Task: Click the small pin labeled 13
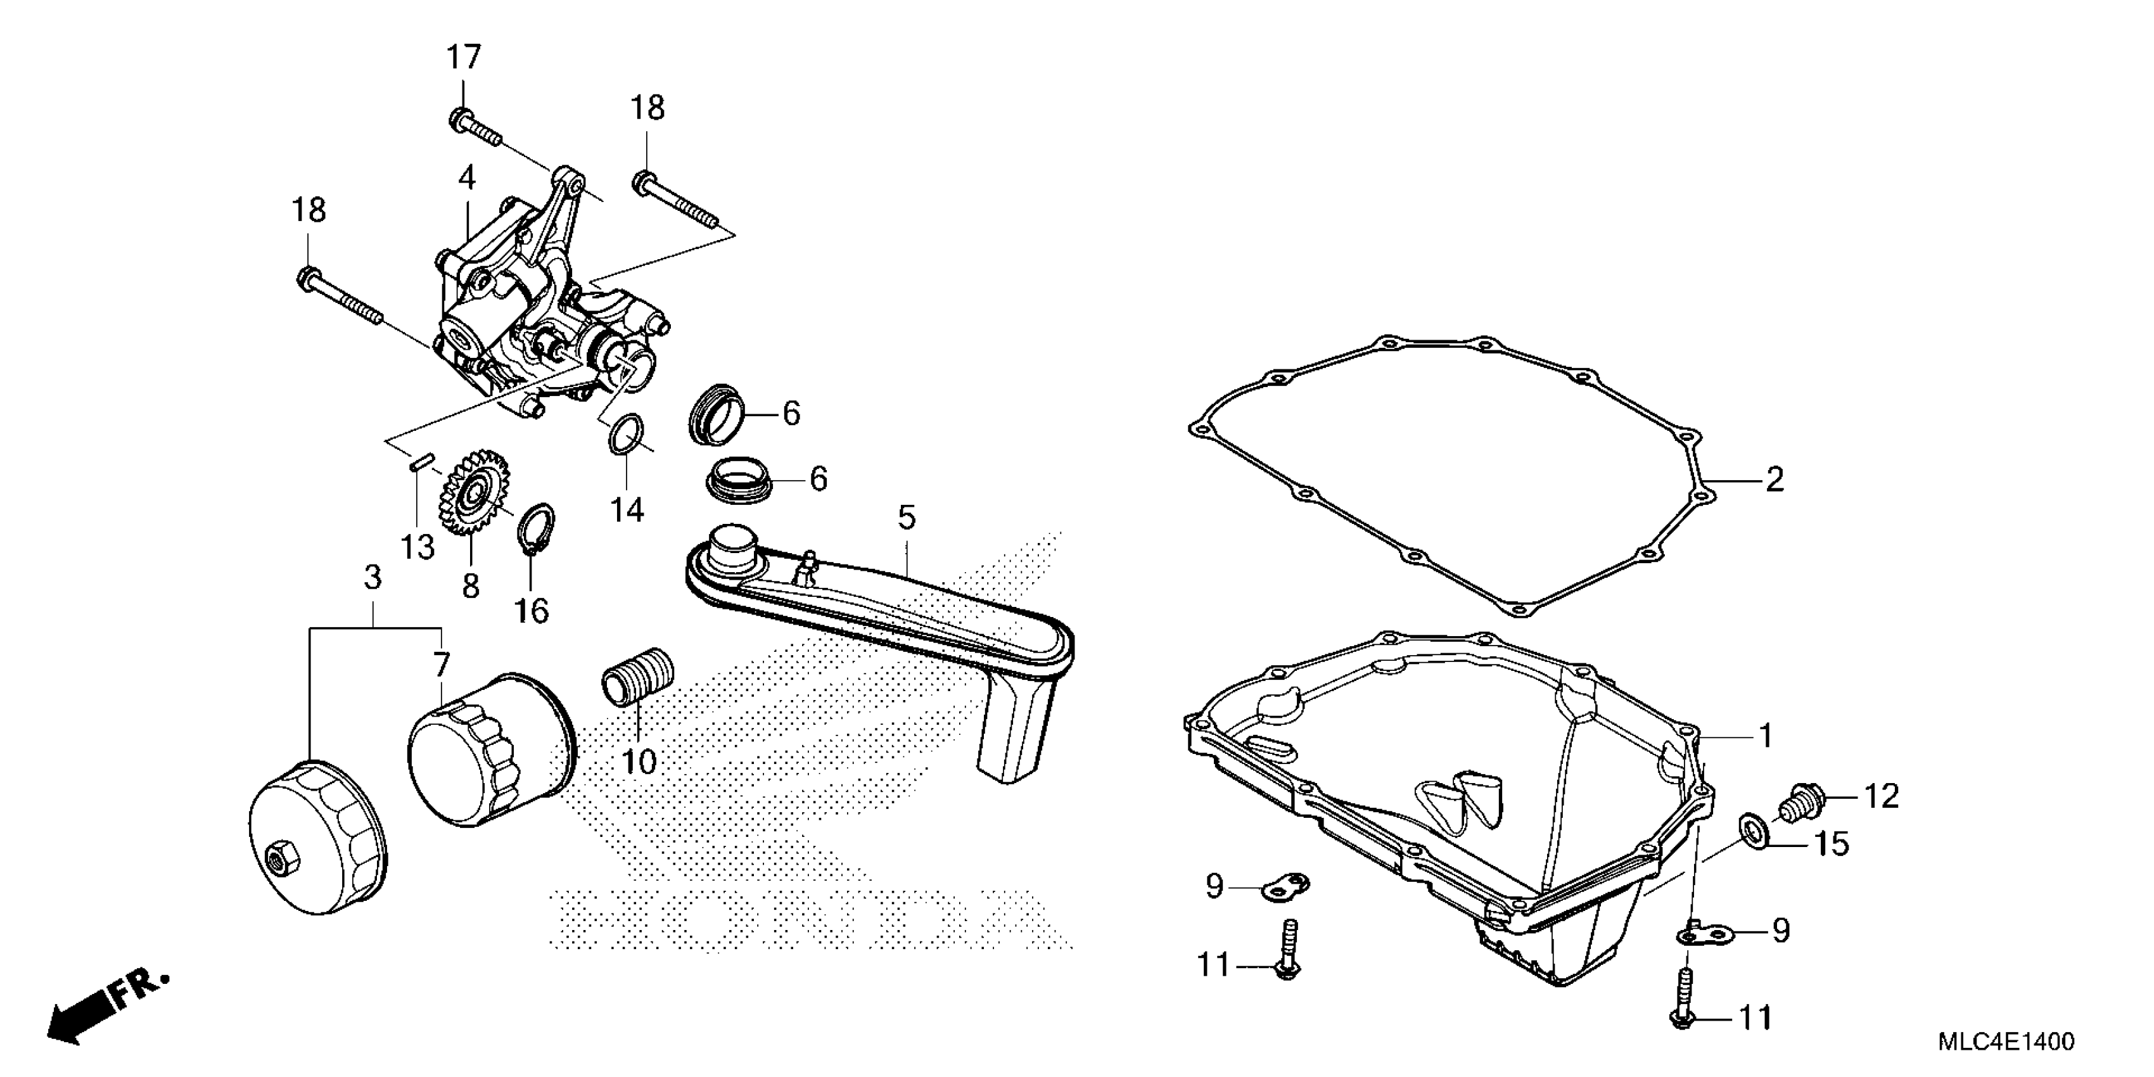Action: (421, 462)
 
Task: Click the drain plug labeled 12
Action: (1806, 803)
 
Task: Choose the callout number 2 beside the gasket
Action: (1773, 480)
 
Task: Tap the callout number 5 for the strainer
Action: (907, 518)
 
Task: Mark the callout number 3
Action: (373, 577)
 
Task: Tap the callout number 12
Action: (1880, 797)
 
